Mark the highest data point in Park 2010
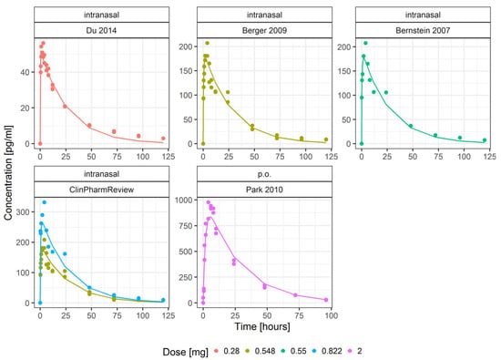coord(208,202)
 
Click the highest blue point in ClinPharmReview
coord(44,202)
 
